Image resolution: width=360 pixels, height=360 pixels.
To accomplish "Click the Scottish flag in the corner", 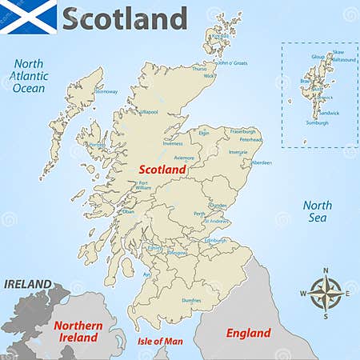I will coord(29,17).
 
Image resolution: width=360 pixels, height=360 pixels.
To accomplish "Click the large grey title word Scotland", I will coord(124,18).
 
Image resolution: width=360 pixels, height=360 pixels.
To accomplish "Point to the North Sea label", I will coord(317,210).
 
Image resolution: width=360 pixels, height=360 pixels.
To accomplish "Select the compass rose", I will coord(325,293).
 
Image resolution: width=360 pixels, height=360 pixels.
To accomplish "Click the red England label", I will coord(248,333).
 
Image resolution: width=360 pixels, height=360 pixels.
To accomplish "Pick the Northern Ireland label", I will coord(78,331).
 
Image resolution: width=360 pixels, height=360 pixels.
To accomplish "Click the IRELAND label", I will coord(27,284).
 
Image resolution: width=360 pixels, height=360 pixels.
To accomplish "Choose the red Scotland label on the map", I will coord(162,170).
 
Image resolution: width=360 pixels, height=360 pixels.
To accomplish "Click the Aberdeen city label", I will coord(262,162).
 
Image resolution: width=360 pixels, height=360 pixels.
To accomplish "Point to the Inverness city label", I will coord(173,143).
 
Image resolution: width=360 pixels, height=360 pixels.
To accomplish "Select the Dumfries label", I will coord(191,300).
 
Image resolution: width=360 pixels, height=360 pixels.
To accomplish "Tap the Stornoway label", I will coord(106,92).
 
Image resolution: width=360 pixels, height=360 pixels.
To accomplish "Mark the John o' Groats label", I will coord(233,62).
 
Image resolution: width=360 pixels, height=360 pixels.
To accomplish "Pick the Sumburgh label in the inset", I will coord(317,122).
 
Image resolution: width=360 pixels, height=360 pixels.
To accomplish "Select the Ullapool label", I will coord(149,112).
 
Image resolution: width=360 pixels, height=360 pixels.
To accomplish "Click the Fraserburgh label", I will coord(242,130).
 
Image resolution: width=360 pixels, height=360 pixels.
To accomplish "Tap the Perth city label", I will coord(199,214).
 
